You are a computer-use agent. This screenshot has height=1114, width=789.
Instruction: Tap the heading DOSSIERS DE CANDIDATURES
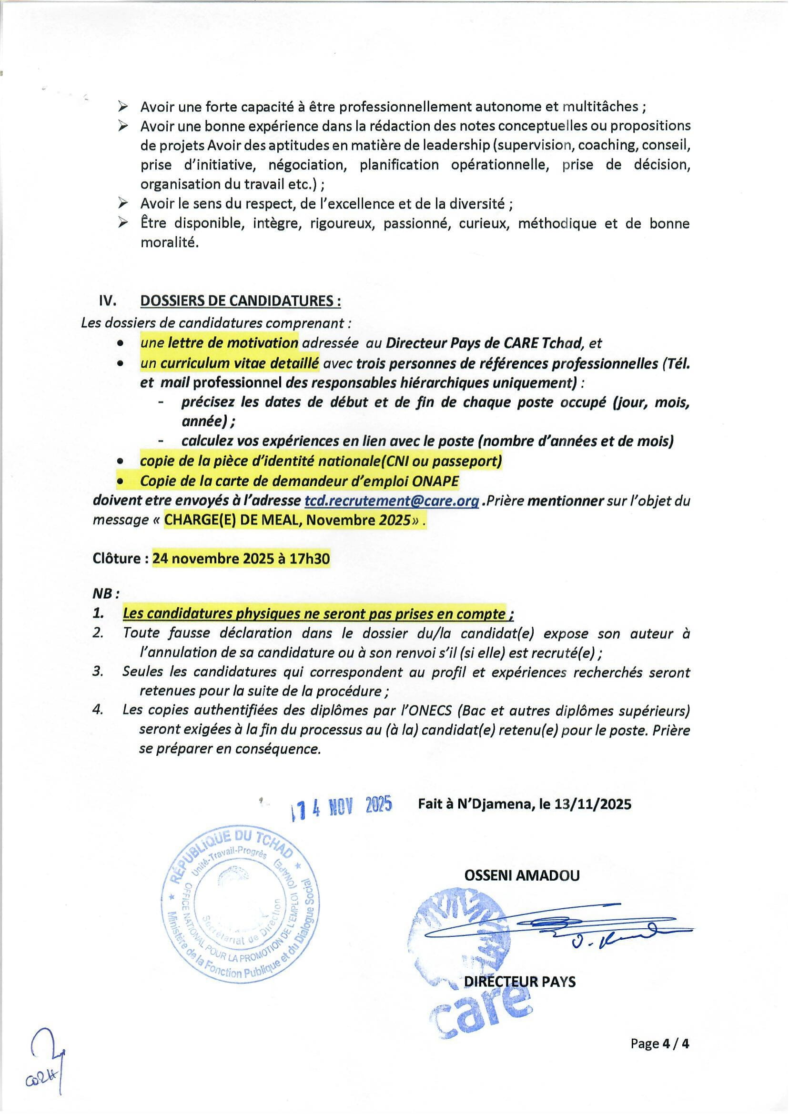click(240, 301)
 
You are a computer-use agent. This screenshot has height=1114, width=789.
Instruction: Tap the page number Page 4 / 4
click(660, 1044)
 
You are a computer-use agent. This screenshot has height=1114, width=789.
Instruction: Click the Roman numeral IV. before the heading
click(107, 301)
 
